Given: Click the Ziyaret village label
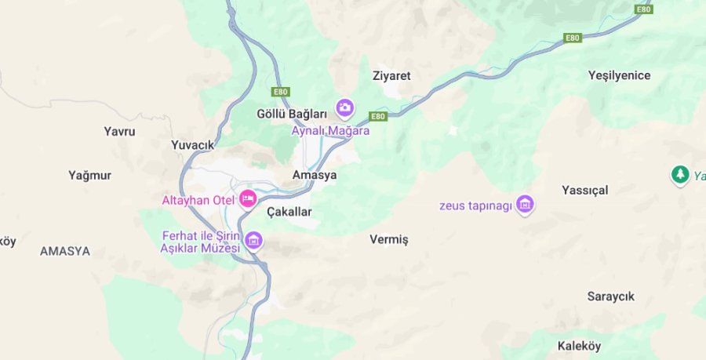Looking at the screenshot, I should [x=391, y=76].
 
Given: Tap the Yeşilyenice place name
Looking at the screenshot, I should [x=620, y=75].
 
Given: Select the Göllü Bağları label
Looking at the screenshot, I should [x=292, y=114].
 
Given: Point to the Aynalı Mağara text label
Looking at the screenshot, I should [x=330, y=131].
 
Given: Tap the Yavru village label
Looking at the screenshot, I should [x=119, y=131].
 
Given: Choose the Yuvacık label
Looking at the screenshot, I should [x=192, y=144].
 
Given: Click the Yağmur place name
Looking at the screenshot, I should [x=89, y=175].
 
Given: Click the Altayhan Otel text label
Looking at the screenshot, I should [x=198, y=200].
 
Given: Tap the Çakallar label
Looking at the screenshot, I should [x=289, y=212].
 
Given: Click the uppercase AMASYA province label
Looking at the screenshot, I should [x=65, y=252].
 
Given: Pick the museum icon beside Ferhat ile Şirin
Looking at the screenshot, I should [x=253, y=240].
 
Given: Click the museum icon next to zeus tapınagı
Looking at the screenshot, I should [x=526, y=205].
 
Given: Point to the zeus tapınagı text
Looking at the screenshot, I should [x=475, y=206].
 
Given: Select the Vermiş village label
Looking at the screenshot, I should [x=389, y=239].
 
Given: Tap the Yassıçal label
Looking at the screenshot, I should [x=585, y=190].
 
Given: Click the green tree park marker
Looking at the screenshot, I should [x=679, y=174].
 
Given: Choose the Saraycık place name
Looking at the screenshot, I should [x=611, y=296].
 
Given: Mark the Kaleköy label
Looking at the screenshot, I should [x=579, y=345].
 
